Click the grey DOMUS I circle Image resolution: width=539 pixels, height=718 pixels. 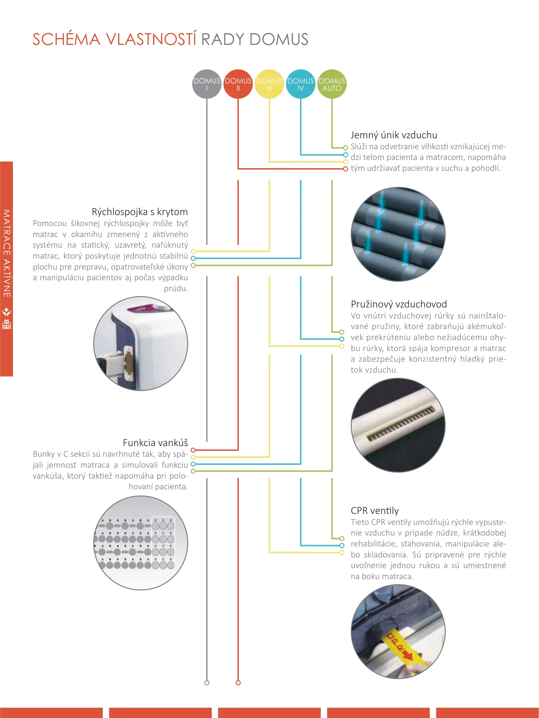tap(206, 84)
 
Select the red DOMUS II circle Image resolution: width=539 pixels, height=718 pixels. tap(238, 84)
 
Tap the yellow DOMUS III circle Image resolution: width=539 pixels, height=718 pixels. tap(269, 84)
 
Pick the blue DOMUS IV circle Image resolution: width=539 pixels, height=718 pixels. tap(301, 84)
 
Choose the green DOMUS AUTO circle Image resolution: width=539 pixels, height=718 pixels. tap(332, 84)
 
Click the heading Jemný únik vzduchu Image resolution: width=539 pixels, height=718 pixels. tap(394, 135)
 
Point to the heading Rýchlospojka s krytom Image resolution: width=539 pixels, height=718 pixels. tap(140, 212)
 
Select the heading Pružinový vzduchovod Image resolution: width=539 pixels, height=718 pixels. tap(399, 304)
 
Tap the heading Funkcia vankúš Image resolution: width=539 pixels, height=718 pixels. tap(155, 443)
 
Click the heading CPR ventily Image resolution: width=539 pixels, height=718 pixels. tap(375, 511)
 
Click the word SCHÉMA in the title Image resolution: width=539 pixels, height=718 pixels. tap(67, 39)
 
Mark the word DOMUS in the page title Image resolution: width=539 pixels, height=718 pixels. tap(279, 39)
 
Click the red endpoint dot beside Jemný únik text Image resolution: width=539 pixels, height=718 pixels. tap(345, 169)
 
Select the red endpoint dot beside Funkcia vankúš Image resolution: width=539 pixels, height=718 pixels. tap(193, 450)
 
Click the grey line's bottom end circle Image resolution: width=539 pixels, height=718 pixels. tap(207, 683)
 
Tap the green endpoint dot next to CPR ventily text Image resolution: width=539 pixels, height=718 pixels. tap(342, 538)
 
